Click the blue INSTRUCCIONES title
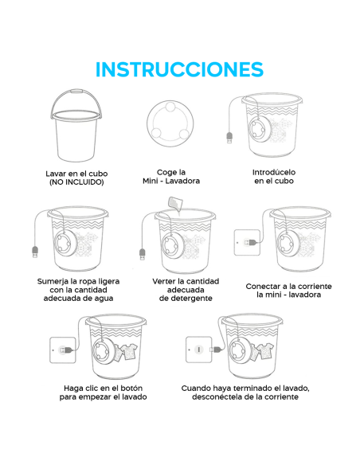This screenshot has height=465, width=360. pyautogui.click(x=179, y=69)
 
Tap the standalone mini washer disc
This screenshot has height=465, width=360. pyautogui.click(x=170, y=123)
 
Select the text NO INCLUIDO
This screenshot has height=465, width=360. pyautogui.click(x=76, y=182)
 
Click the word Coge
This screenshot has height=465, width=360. pyautogui.click(x=164, y=173)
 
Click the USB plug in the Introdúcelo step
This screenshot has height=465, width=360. pyautogui.click(x=229, y=139)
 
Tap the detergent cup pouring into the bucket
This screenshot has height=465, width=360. pyautogui.click(x=175, y=204)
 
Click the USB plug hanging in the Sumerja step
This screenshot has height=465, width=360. pyautogui.click(x=35, y=252)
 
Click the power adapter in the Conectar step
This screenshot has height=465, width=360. pyautogui.click(x=248, y=243)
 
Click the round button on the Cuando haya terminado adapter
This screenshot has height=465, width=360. pyautogui.click(x=199, y=350)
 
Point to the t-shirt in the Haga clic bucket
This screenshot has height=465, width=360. pyautogui.click(x=126, y=352)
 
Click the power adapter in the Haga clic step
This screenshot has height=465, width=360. pyautogui.click(x=63, y=350)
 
